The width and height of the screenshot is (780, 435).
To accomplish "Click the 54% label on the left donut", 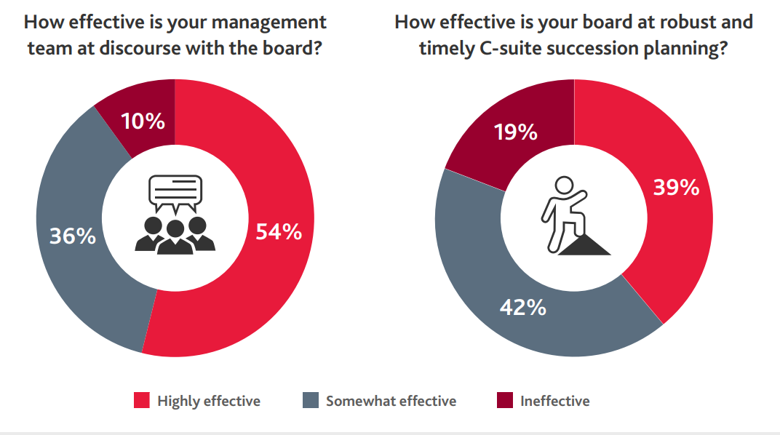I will [x=279, y=232].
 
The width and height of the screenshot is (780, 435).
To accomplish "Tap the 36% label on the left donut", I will [x=72, y=236].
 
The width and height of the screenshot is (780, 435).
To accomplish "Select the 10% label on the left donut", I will [x=143, y=121].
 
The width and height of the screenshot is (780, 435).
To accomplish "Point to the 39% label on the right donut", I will [x=676, y=188].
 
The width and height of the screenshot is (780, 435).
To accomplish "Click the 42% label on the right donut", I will [x=522, y=308].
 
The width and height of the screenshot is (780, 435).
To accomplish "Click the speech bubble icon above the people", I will [x=175, y=191].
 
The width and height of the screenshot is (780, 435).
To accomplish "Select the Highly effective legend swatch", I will [x=142, y=401].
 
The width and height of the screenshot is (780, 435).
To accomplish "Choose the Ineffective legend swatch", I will [x=504, y=401].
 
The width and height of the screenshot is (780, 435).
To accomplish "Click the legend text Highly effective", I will [x=209, y=401].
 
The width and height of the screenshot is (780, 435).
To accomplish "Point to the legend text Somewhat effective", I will [x=391, y=401].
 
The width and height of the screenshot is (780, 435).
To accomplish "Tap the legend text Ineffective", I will [x=555, y=401].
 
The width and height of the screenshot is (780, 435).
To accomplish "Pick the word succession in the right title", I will [x=623, y=51].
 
